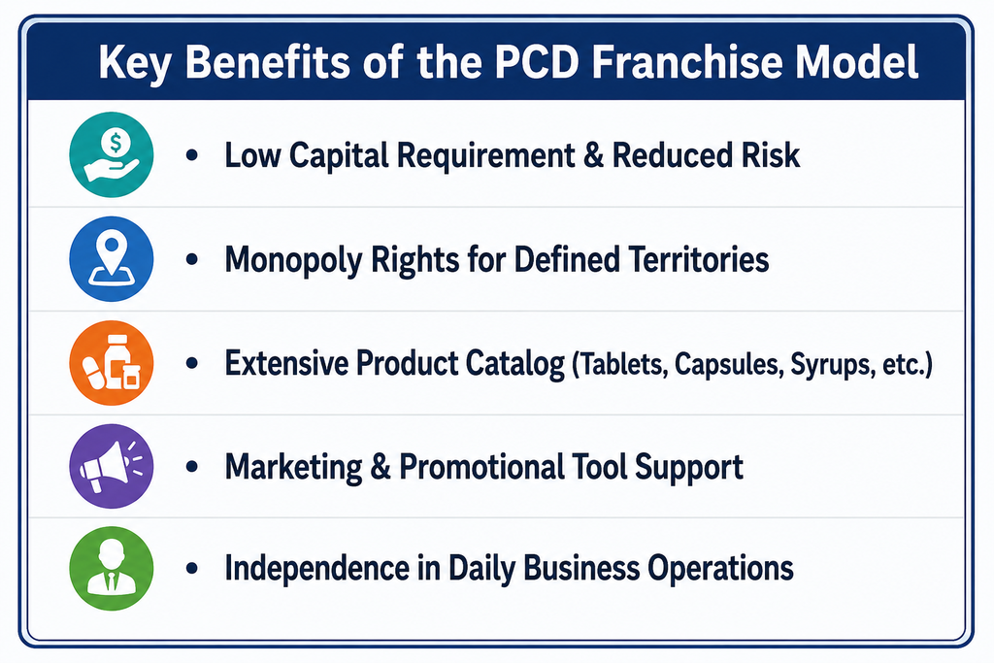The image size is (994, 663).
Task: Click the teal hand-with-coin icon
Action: [112, 154]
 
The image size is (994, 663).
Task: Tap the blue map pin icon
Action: [112, 258]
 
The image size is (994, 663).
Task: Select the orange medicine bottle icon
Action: [112, 362]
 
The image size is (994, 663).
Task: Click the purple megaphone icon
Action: [112, 466]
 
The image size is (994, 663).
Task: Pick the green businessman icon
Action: [112, 568]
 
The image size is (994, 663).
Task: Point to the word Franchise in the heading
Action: [687, 61]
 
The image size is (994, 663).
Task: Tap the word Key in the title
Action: [134, 63]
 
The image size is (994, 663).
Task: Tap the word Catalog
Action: [514, 364]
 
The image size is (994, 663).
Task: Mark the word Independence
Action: [317, 568]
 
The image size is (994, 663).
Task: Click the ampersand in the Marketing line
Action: [381, 467]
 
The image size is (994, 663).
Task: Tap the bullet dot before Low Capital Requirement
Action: [192, 155]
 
